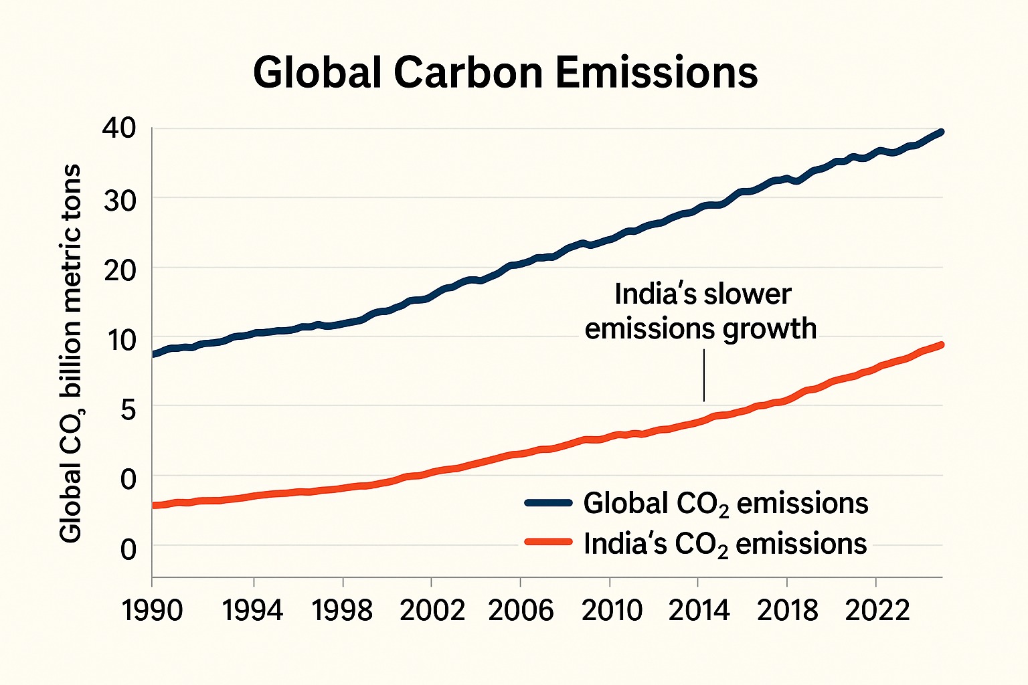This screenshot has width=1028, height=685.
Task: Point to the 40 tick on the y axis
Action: pos(118,128)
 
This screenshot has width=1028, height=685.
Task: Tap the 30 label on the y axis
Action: pos(120,199)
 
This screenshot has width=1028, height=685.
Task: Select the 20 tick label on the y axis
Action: pos(120,270)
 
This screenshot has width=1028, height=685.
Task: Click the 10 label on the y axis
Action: pos(120,340)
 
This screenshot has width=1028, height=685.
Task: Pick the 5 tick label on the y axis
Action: pos(128,409)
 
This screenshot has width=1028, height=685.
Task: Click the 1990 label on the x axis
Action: pos(152,610)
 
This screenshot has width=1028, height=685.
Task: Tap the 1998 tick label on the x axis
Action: pos(342,610)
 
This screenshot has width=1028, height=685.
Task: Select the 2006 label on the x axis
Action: pos(521,610)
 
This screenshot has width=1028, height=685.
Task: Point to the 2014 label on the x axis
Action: pos(698,610)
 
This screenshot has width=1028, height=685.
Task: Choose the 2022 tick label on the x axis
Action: pos(877,610)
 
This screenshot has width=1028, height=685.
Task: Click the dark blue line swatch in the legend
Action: pos(548,503)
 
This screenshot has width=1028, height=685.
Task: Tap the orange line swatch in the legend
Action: pos(548,543)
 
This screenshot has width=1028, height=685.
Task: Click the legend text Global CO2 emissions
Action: pos(725,504)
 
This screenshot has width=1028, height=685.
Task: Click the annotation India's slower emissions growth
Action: pos(701,312)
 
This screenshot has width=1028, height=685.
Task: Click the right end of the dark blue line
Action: pos(940,132)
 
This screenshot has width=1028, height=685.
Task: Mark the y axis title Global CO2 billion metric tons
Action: pos(70,353)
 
